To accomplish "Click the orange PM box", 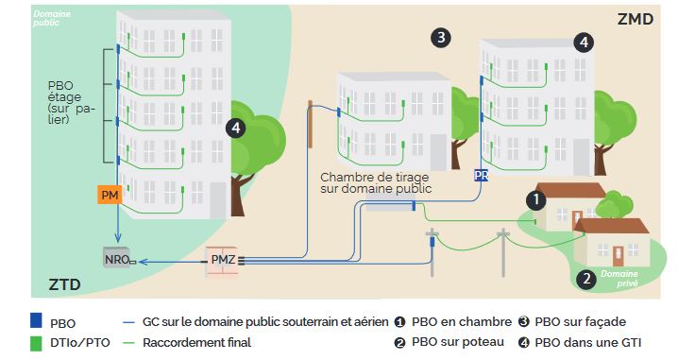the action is tap(110, 196).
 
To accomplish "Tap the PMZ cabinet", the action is tap(221, 261).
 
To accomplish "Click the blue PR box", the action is tap(482, 175).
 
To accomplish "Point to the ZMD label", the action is tap(635, 20).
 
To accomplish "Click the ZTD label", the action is tap(64, 284).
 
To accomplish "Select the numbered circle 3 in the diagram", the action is tap(441, 38).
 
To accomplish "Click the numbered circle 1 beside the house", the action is tap(536, 200).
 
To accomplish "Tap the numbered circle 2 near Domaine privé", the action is tap(586, 278).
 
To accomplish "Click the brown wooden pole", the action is tap(310, 124).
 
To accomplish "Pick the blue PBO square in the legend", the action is tap(36, 320).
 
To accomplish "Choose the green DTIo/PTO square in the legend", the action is tap(36, 344).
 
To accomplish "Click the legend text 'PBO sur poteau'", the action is tap(458, 342).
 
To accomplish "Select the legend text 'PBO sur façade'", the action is tap(581, 322).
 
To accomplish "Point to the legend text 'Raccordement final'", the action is tap(196, 343).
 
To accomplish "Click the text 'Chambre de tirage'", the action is tap(375, 177).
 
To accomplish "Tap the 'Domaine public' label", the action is tap(52, 18).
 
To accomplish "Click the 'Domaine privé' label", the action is tap(619, 279).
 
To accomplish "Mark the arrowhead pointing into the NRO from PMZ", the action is tap(144, 262).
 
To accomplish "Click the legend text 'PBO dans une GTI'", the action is tap(588, 343).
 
